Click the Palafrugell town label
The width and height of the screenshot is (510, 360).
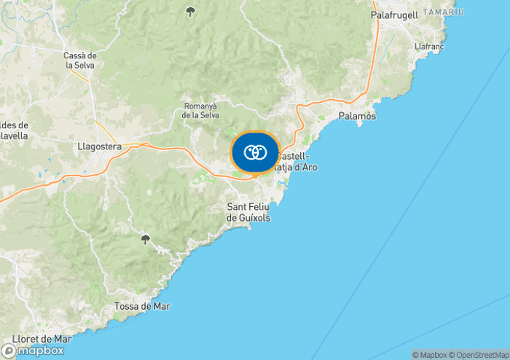click(x=394, y=15)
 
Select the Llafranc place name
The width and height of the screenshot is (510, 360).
click(x=428, y=46)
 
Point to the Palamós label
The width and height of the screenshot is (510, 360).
click(x=357, y=117)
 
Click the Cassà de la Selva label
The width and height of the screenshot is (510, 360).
click(x=80, y=60)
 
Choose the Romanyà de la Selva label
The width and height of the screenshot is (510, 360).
click(x=200, y=111)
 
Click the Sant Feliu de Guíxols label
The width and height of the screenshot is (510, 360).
click(x=248, y=212)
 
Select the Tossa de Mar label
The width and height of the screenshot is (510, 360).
click(x=142, y=306)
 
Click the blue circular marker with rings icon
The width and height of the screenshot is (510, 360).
click(x=255, y=152)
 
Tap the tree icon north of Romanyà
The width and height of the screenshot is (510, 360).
click(x=191, y=11)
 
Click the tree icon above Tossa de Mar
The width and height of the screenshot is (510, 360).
click(x=145, y=239)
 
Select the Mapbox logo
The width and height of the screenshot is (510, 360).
click(x=32, y=350)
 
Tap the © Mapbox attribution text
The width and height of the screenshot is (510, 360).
click(x=428, y=355)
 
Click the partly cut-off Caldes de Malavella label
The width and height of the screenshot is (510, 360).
click(x=13, y=130)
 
